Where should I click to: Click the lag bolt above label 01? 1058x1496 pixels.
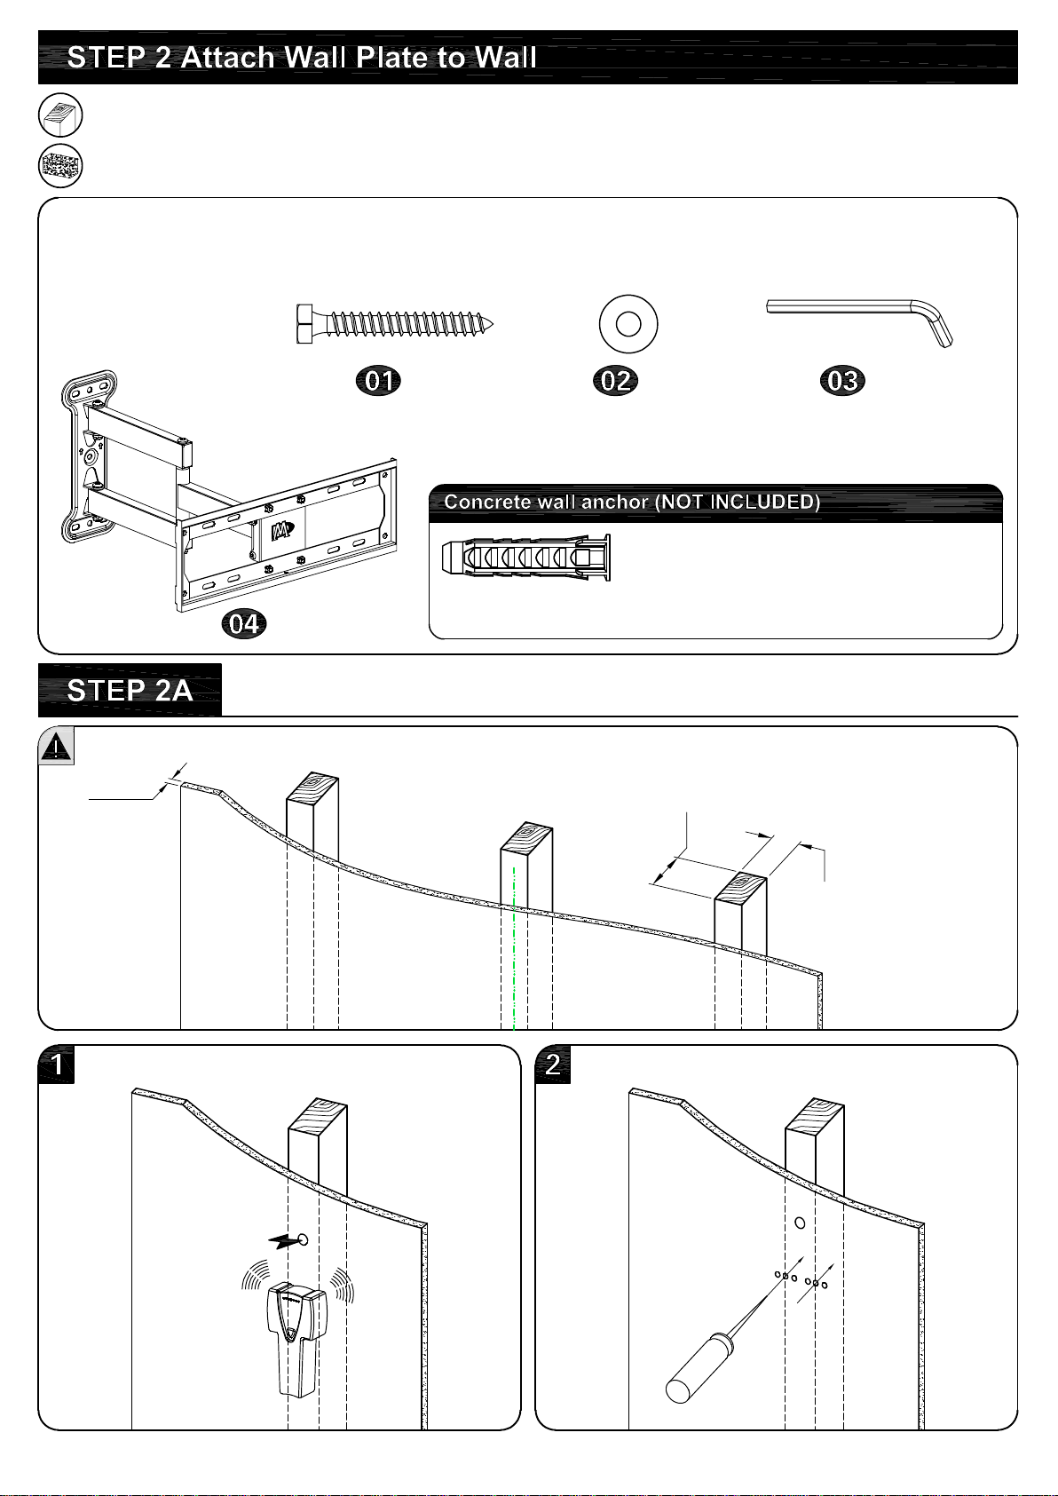[x=395, y=325]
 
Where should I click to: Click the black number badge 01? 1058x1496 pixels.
[x=378, y=381]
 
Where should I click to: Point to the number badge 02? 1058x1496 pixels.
[x=615, y=381]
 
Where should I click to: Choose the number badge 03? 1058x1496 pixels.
[x=842, y=381]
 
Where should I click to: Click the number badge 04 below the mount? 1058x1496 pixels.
[x=243, y=624]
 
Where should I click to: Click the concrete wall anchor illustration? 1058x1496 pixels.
[x=526, y=557]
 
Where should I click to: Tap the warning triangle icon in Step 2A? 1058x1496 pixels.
[x=56, y=747]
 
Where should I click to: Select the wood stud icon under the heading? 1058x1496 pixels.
[x=60, y=115]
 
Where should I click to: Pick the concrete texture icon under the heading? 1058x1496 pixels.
[x=60, y=166]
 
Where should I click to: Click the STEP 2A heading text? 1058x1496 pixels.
[x=130, y=691]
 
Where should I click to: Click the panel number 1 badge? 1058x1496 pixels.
[x=57, y=1065]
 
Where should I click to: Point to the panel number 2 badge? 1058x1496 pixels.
[x=553, y=1065]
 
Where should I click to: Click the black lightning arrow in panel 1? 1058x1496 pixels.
[x=282, y=1241]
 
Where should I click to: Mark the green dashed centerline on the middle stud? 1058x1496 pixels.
[x=514, y=948]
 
